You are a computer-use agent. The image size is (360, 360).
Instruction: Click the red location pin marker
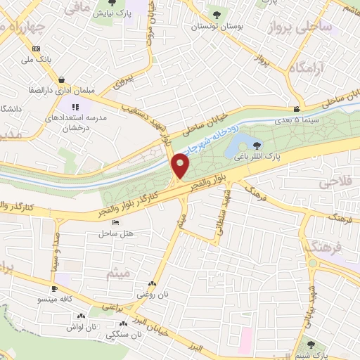181,167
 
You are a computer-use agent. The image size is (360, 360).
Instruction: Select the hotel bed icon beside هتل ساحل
116,223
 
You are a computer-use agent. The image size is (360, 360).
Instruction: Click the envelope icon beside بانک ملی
34,49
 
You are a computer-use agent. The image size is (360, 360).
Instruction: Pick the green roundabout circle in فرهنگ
312,264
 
